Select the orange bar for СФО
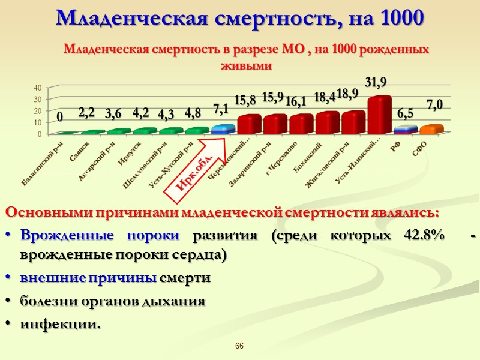pos(431,130)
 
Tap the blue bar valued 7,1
pos(223,129)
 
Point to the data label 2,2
pos(86,112)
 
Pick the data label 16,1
pos(296,101)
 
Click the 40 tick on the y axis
pos(37,88)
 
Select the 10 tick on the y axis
pos(37,122)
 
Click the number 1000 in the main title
pos(402,18)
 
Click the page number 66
pos(239,346)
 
